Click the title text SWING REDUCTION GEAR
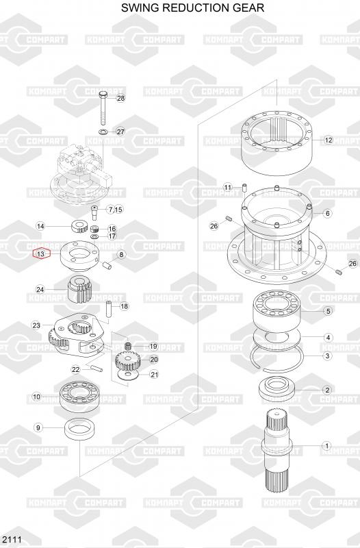coord(193,8)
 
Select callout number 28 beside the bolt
coord(120,98)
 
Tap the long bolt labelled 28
coord(103,108)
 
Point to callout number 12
coord(329,140)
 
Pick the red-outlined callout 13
coord(41,253)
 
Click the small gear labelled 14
coord(79,227)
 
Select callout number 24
coord(40,289)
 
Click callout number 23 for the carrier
coord(36,325)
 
